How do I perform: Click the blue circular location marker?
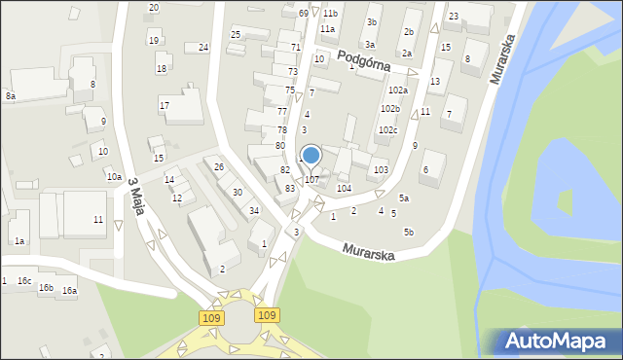click(x=311, y=155)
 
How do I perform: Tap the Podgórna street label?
click(x=365, y=61)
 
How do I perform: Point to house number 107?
click(x=311, y=179)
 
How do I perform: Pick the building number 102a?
click(x=398, y=90)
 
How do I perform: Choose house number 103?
click(x=381, y=169)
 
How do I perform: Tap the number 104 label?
click(x=344, y=188)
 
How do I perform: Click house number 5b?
click(x=409, y=232)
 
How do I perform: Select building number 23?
click(x=454, y=16)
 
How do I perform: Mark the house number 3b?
click(x=372, y=21)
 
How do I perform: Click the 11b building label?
click(x=330, y=13)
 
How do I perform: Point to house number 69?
click(x=304, y=13)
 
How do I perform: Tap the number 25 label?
click(x=236, y=34)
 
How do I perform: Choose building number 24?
click(x=203, y=47)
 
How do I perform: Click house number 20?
click(x=154, y=7)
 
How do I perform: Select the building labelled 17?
click(x=165, y=105)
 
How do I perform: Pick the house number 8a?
click(x=11, y=96)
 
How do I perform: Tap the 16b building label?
click(x=46, y=287)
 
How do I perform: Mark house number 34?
click(x=254, y=210)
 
